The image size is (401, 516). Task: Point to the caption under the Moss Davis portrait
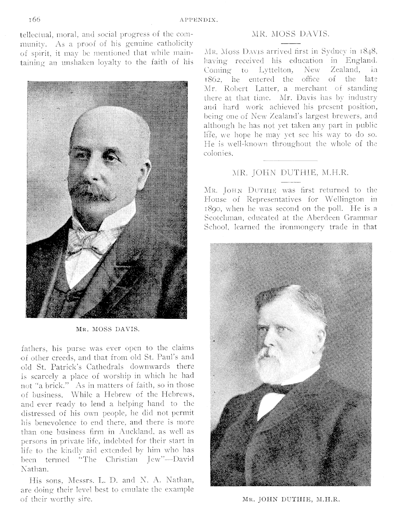108,329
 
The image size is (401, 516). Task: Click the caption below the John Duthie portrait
291,499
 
